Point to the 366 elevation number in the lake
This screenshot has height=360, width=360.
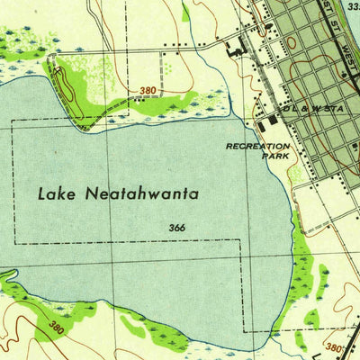176,228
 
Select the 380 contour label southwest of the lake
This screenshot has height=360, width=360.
58,325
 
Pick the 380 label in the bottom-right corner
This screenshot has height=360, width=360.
333,346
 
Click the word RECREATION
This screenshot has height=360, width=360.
258,146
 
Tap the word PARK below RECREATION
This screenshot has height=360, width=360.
276,155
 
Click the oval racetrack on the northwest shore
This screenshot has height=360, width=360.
66,85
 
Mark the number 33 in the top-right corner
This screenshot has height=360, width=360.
352,4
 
